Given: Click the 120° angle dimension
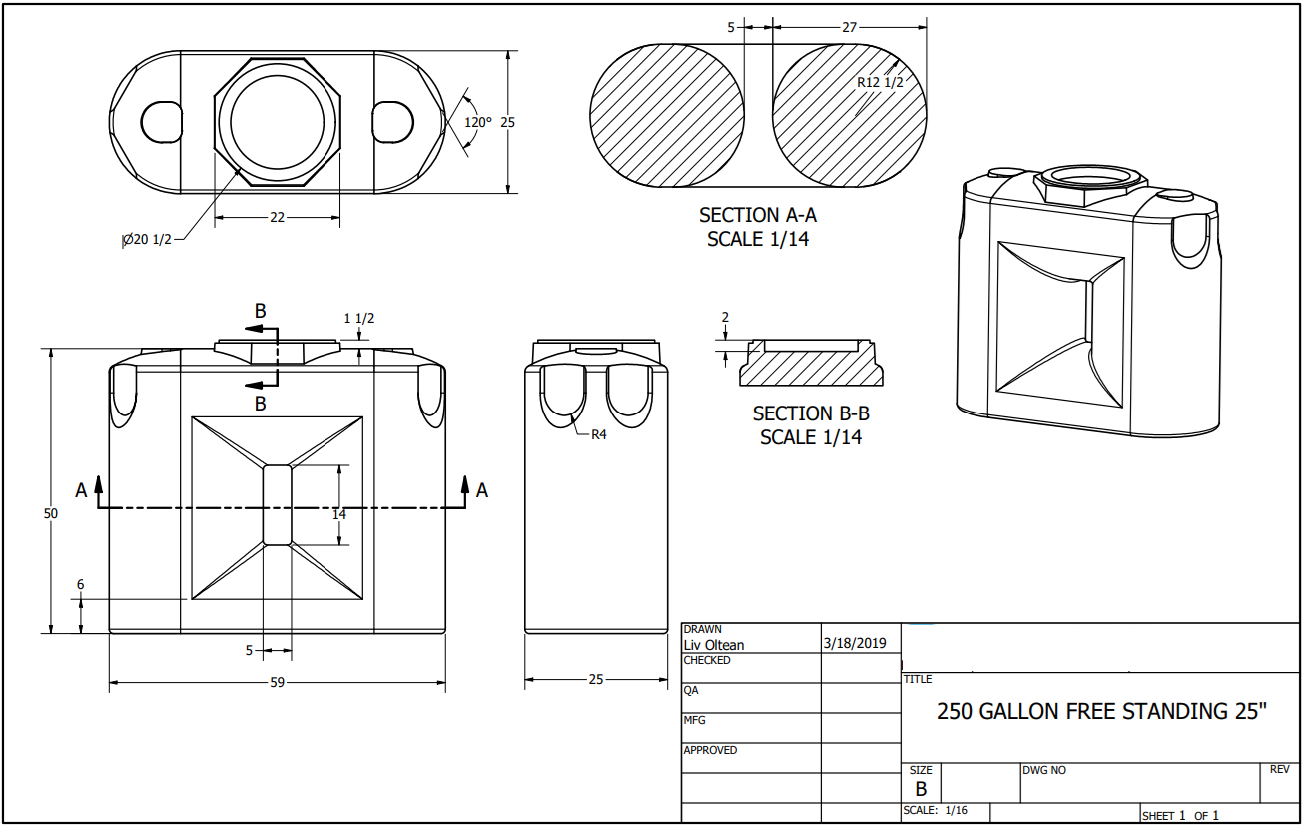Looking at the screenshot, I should [478, 122].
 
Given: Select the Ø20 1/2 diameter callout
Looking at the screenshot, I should [147, 239].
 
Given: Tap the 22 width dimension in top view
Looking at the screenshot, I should [278, 217].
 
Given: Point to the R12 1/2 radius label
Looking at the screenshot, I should [880, 82].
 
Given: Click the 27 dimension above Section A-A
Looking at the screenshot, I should [849, 28].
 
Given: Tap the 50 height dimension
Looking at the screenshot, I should [51, 513].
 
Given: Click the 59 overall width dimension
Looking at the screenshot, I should [277, 683].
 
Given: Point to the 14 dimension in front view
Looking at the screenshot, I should [339, 514].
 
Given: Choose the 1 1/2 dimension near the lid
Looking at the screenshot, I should [359, 318].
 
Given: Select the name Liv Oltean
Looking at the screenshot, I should [713, 645].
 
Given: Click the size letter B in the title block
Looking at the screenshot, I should [921, 788].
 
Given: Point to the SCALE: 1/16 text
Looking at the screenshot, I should [935, 810].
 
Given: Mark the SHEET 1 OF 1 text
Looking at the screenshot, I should [1180, 816].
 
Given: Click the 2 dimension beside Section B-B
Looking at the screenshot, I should [725, 318].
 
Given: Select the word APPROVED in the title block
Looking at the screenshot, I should [710, 750].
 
